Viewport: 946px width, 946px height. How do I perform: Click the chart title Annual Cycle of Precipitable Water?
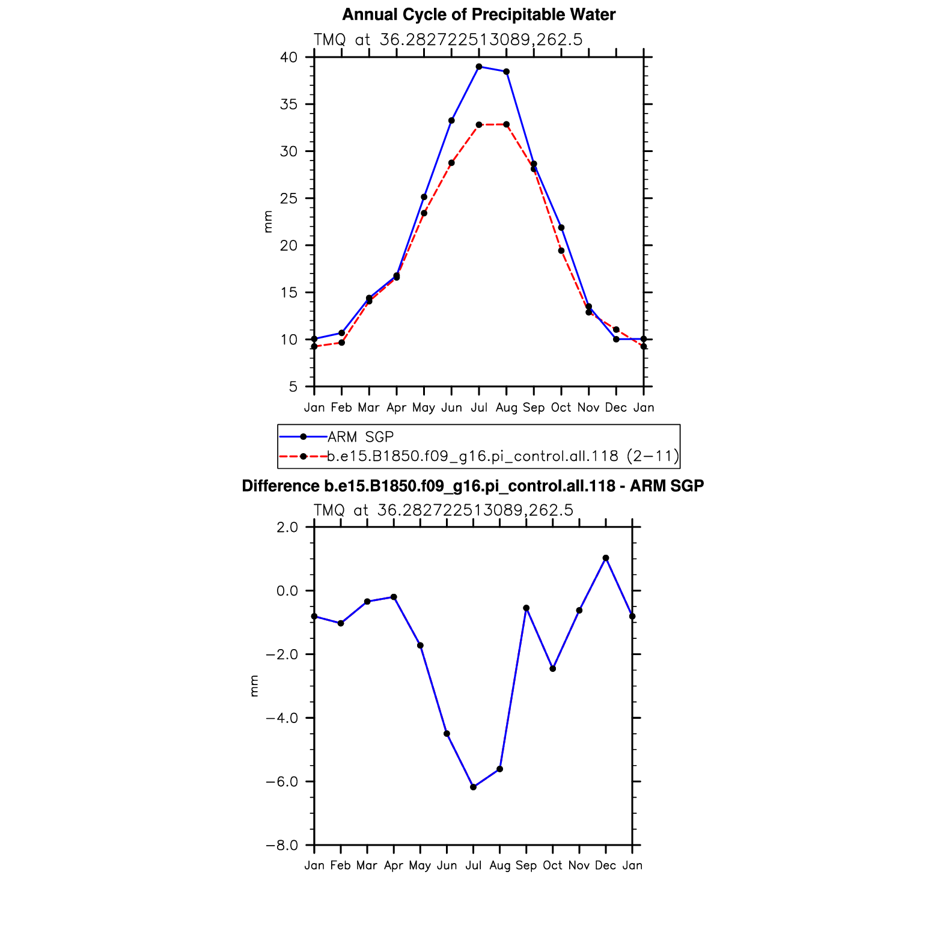pos(478,15)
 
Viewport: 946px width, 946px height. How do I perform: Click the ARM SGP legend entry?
pos(360,437)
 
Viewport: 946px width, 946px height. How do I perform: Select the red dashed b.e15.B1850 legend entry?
pos(502,456)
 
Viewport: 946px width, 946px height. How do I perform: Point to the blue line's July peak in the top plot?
pos(479,67)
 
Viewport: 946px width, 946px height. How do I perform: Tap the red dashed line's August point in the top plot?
pos(507,124)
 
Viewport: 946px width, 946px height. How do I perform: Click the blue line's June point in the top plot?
pos(451,120)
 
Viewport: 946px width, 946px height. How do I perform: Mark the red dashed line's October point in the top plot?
pos(561,251)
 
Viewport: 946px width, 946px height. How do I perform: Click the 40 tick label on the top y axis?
pos(289,58)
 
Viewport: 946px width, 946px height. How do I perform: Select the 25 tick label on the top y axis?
pos(289,198)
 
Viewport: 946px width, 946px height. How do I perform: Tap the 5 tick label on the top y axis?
pos(293,386)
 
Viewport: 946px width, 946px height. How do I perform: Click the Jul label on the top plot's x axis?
pos(479,407)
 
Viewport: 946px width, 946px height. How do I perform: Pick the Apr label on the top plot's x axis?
pos(396,407)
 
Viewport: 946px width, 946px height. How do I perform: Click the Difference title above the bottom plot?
pos(472,486)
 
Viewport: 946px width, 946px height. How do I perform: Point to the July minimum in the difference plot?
pos(474,787)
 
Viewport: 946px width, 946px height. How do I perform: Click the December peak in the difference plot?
pos(606,558)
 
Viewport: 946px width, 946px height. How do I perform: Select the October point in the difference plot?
pos(553,668)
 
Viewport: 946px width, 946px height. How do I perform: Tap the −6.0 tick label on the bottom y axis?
pos(282,782)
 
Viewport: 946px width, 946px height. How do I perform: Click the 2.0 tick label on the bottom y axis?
pos(288,527)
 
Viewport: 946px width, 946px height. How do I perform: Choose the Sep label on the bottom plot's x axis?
pos(526,865)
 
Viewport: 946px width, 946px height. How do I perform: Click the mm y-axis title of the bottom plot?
pos(254,686)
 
